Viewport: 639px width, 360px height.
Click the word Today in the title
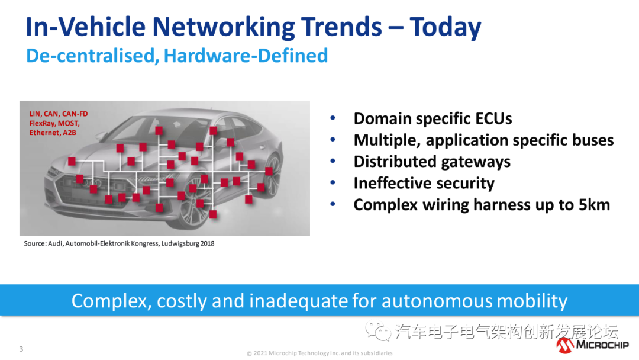point(446,27)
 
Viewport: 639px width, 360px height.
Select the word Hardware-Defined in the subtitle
point(246,56)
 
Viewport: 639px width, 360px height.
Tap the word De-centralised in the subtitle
point(92,56)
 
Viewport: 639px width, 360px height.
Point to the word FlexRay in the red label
point(41,123)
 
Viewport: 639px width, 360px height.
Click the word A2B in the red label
point(69,133)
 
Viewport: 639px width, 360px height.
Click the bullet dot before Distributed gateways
point(333,161)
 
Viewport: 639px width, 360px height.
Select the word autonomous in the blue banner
point(437,301)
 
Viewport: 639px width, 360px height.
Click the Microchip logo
point(592,345)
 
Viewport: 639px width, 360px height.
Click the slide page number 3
point(21,349)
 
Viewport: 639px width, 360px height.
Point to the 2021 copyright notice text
point(320,353)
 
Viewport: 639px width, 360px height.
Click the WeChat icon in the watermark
point(377,331)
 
